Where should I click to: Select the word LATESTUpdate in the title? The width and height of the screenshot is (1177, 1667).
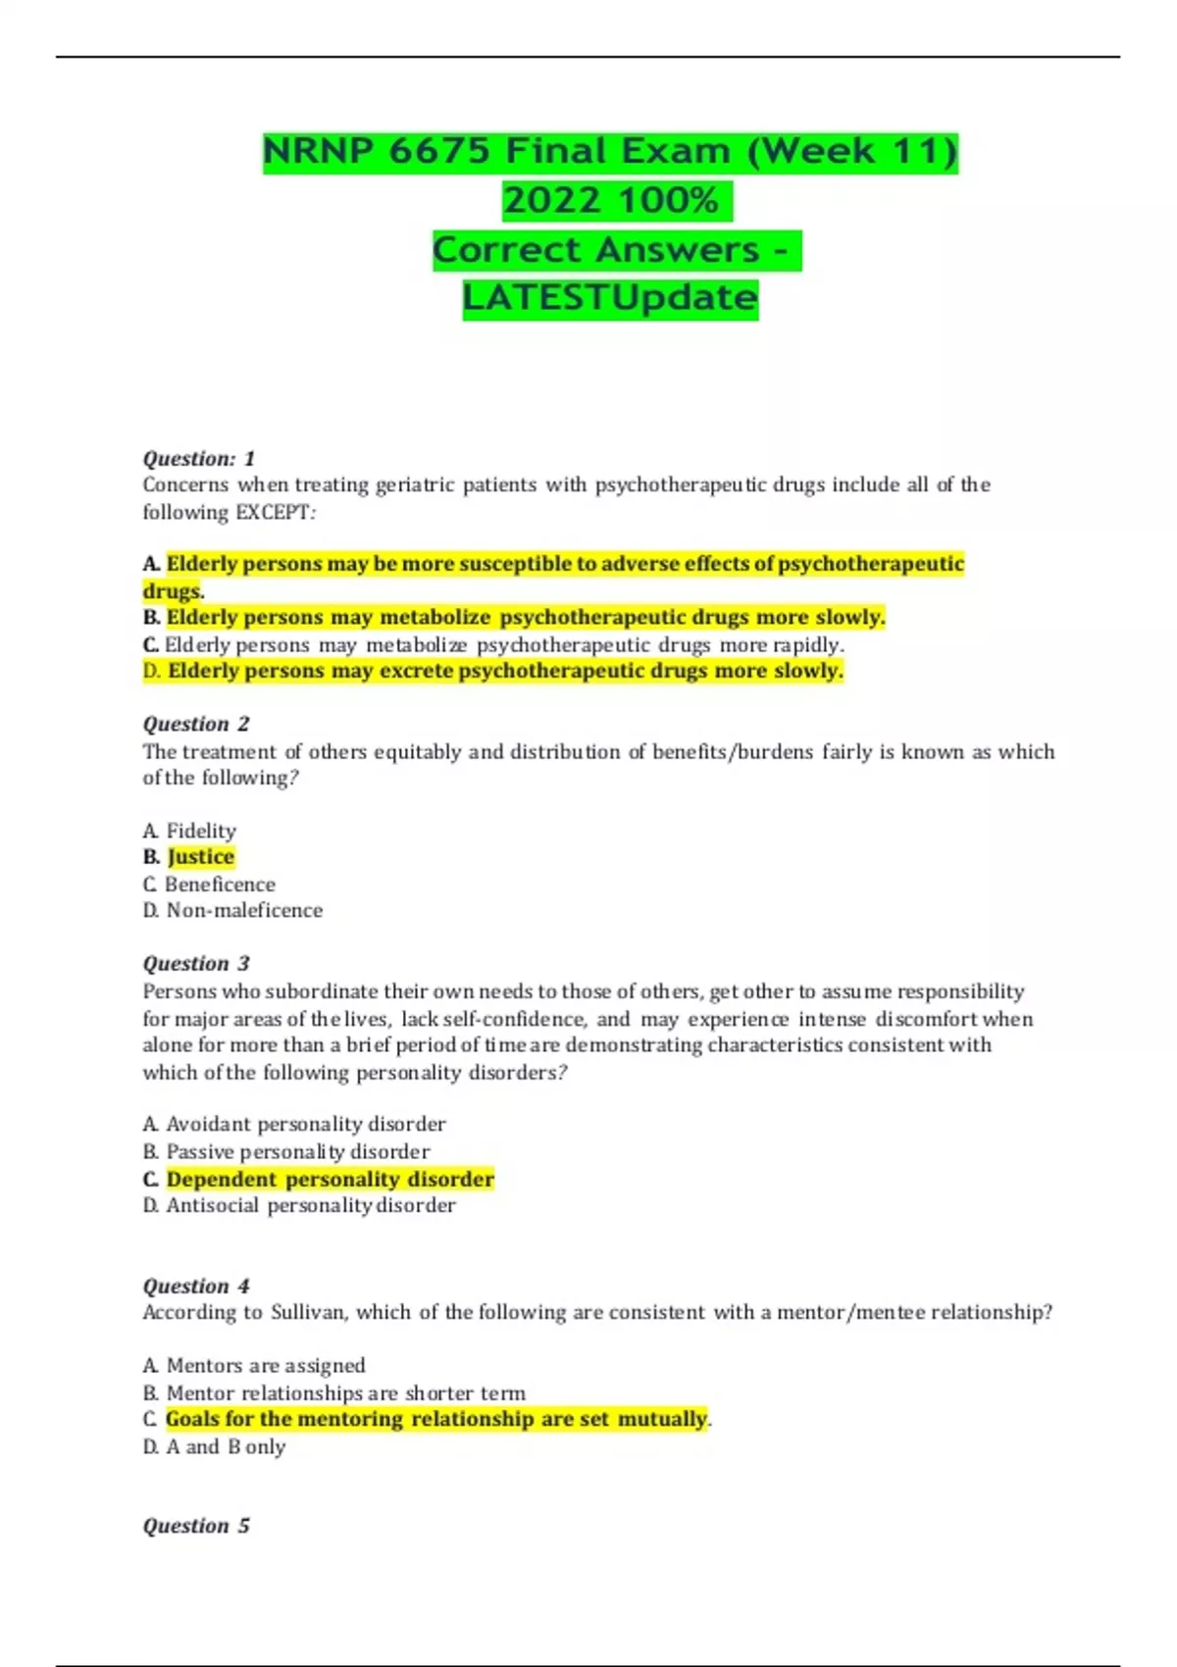[610, 297]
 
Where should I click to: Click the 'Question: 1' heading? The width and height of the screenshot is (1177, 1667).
[199, 458]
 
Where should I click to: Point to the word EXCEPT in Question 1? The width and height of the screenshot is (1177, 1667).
[272, 512]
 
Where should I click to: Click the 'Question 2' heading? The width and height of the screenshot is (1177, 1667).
[196, 724]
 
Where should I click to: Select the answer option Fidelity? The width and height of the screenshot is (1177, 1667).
[201, 831]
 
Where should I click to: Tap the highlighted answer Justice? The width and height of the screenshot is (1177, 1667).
[201, 857]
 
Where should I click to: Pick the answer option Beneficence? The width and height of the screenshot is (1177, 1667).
[220, 884]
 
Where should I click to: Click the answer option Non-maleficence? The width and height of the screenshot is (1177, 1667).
[244, 910]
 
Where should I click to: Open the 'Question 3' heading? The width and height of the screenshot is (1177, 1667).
[196, 963]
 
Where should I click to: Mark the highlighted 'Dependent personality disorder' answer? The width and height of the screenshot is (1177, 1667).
[330, 1179]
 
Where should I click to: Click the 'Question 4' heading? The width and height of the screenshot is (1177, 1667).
[196, 1286]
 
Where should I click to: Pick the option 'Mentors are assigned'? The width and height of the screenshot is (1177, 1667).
[265, 1365]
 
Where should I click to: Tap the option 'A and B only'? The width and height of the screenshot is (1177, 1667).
[226, 1446]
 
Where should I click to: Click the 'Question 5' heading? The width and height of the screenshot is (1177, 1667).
[196, 1526]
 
